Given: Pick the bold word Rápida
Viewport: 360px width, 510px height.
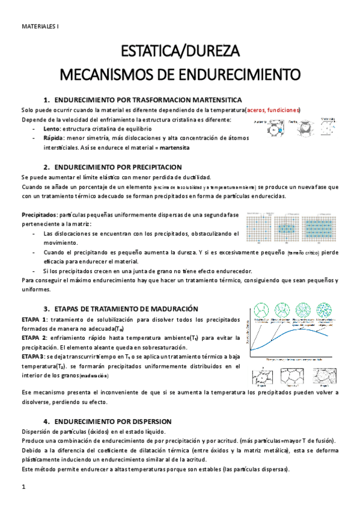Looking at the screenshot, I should tap(55, 138).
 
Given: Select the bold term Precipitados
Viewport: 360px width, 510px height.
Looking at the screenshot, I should tap(38, 215).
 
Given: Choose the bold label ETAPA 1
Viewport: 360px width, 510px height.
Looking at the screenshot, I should tap(34, 319).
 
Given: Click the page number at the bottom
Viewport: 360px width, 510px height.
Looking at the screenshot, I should tap(23, 486).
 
